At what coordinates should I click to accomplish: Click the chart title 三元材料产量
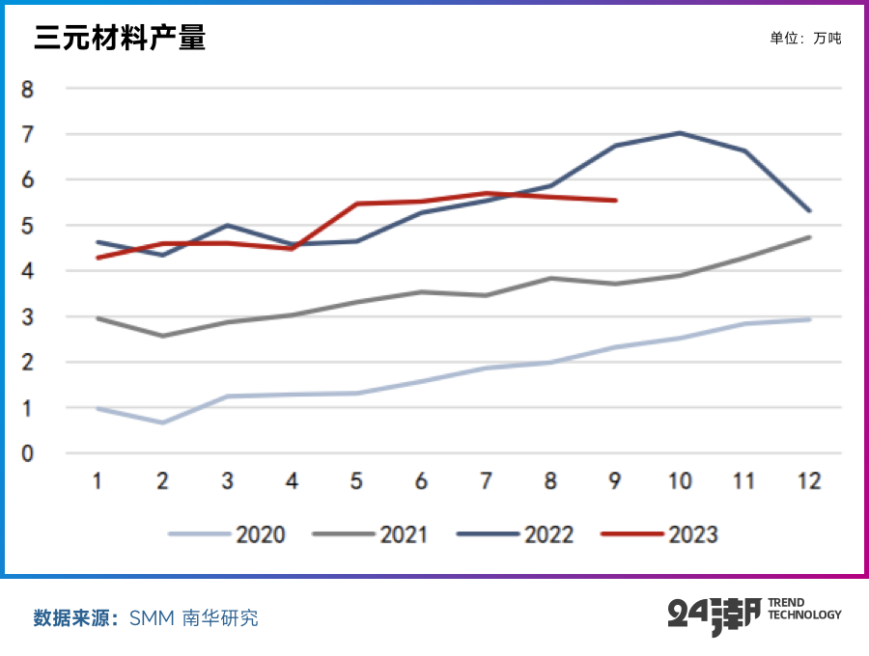120,39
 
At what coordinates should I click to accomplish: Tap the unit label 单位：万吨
805,39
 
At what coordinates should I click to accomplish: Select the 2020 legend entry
228,533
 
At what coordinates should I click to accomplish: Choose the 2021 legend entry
372,533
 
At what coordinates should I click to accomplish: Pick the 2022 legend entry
516,533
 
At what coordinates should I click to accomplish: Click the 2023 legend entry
660,533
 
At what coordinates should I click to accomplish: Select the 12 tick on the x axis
809,481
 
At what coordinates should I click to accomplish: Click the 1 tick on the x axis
98,481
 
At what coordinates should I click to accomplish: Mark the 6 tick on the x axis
421,481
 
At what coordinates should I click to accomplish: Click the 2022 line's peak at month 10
680,133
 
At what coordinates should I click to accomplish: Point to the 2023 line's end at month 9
616,201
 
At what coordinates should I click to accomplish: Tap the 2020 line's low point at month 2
162,423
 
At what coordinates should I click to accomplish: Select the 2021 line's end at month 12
809,236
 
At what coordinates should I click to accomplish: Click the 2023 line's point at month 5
356,204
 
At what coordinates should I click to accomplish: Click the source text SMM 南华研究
194,618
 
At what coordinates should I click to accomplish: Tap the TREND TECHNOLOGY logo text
803,609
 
